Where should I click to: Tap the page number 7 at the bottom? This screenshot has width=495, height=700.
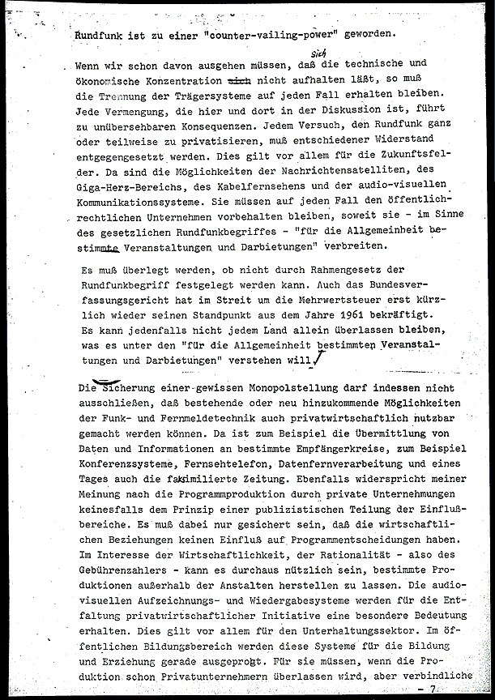point(433,689)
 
